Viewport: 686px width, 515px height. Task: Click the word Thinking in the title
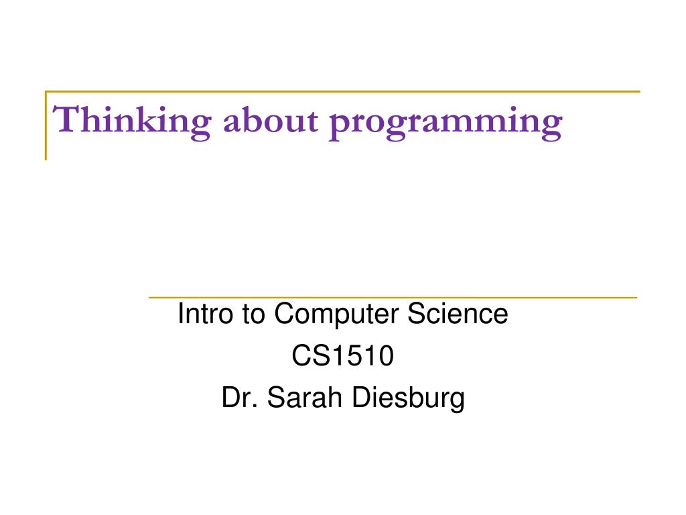[132, 121]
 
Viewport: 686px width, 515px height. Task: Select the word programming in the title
[445, 123]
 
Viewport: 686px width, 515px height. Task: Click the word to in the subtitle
[253, 315]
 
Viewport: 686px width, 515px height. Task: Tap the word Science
[458, 314]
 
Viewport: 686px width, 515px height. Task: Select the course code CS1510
[343, 355]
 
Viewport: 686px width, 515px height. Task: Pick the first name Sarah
[304, 397]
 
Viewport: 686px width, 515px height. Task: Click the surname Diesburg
[408, 398]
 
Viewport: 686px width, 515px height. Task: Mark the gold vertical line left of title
[46, 125]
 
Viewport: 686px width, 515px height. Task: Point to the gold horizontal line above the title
[342, 91]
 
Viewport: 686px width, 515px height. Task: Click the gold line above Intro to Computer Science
[393, 298]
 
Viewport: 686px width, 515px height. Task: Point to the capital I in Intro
[180, 314]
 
